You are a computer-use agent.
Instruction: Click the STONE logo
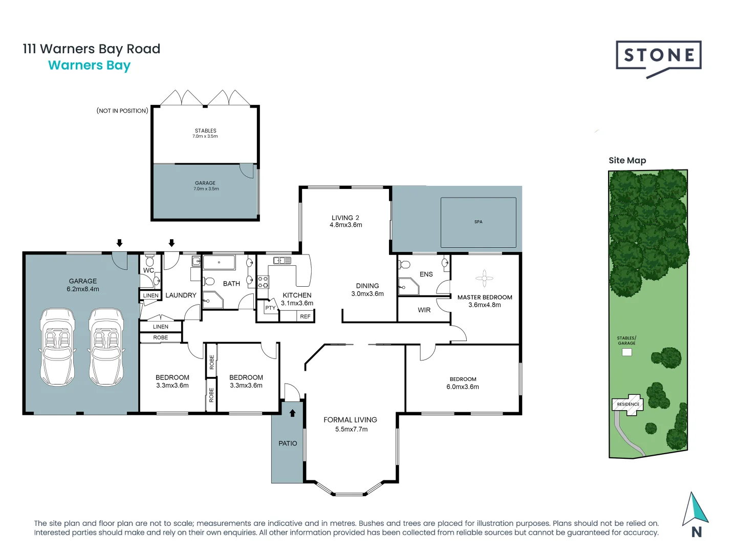[658, 56]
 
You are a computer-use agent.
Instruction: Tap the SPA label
[478, 222]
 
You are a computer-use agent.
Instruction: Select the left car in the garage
[57, 347]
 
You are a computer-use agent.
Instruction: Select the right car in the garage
[106, 347]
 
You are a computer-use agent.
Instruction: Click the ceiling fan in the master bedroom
[484, 279]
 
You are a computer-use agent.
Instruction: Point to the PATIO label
[288, 443]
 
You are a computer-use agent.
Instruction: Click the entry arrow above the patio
[293, 413]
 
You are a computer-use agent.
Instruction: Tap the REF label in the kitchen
[305, 316]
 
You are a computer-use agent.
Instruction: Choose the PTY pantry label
[270, 308]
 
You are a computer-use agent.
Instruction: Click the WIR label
[424, 310]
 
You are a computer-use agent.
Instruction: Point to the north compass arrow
[695, 509]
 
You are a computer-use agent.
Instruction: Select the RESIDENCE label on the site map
[628, 404]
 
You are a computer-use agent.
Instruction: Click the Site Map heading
[627, 160]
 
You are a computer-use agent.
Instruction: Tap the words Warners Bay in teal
[90, 66]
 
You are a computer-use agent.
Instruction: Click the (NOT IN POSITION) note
[122, 111]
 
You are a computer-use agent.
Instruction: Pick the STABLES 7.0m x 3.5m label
[205, 133]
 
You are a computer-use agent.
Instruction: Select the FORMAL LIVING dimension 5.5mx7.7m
[351, 429]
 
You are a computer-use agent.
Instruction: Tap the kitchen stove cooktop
[263, 282]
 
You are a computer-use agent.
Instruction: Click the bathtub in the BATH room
[219, 263]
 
